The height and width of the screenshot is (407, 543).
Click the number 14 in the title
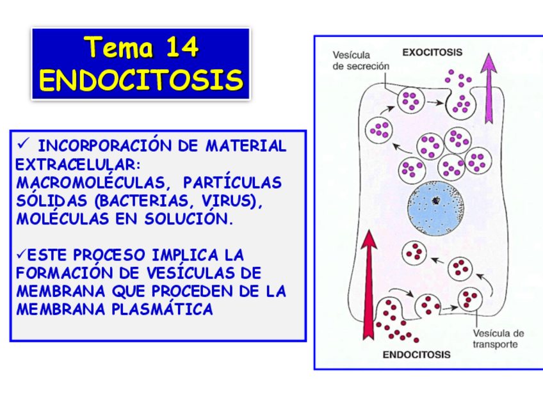[x=182, y=47]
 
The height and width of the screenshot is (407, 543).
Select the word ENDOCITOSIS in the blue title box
[x=141, y=80]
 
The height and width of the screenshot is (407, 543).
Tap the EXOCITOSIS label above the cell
[x=433, y=52]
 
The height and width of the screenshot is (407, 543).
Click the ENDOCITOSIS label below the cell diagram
[x=416, y=354]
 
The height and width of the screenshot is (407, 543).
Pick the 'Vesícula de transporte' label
[x=498, y=339]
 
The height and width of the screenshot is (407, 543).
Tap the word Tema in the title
[x=119, y=47]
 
